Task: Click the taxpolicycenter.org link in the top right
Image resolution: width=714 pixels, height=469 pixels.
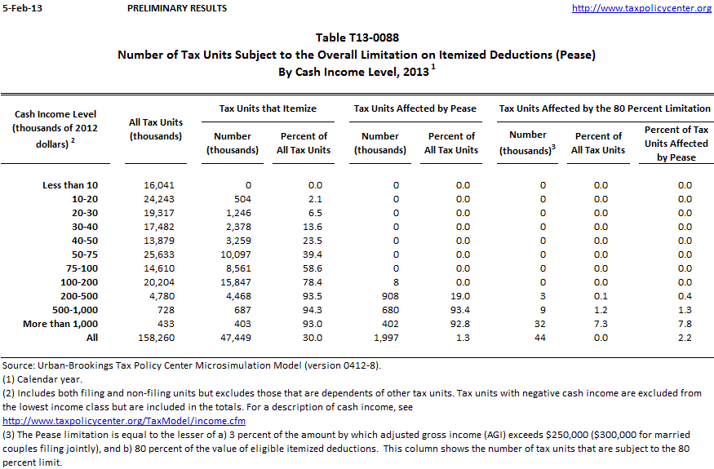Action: [641, 8]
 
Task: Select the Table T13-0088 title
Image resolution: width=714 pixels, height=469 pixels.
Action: [357, 38]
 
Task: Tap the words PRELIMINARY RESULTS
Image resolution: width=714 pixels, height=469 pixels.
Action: [177, 8]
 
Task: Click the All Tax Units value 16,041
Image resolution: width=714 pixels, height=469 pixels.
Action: [159, 185]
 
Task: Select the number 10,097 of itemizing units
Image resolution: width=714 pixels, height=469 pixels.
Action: [236, 254]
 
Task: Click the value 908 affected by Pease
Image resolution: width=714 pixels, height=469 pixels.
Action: [386, 296]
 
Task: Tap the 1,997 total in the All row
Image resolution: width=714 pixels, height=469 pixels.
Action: [384, 338]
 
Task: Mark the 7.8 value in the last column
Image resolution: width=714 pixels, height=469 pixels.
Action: [684, 324]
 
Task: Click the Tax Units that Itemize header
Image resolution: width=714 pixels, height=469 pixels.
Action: [268, 108]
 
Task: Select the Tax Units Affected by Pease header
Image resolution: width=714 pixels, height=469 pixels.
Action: [415, 108]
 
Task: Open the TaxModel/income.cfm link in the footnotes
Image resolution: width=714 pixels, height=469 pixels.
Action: [124, 421]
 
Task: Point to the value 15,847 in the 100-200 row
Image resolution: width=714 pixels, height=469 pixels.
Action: [236, 282]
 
